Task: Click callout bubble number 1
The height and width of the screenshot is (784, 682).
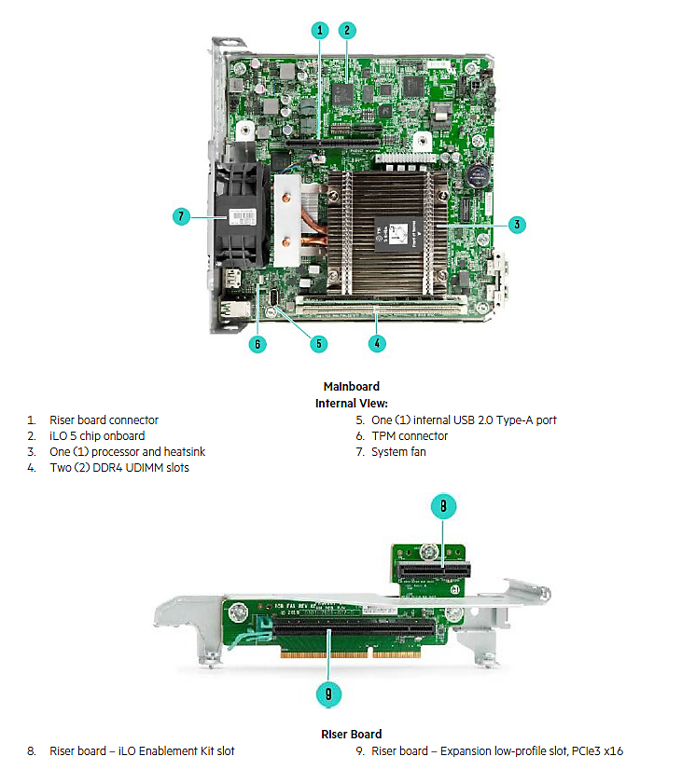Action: [320, 30]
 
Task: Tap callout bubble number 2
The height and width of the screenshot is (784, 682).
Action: [347, 30]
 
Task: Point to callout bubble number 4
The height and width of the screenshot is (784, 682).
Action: [377, 342]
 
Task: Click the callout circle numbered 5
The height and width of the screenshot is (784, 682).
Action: [319, 343]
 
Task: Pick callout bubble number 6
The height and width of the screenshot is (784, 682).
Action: [258, 343]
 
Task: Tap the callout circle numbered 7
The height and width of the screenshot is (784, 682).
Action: [182, 216]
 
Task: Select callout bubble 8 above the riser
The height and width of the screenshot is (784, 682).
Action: [443, 506]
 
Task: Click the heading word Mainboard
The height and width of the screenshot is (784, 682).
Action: [351, 386]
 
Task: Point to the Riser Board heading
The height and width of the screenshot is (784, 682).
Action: [351, 734]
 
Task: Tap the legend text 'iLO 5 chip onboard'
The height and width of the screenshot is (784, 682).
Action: [97, 435]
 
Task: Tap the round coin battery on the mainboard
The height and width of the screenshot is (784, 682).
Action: [480, 174]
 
